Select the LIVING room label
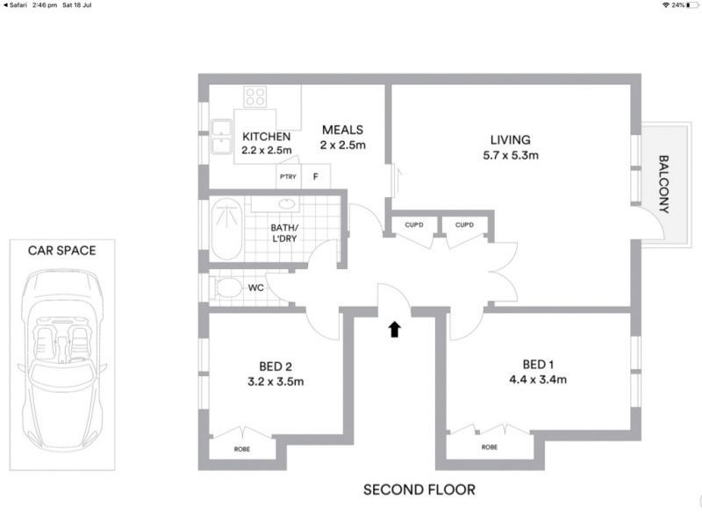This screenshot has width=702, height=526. [510, 139]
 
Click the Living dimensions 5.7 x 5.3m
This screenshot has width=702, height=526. [510, 155]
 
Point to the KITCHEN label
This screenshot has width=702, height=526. [266, 137]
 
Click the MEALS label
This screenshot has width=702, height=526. [342, 130]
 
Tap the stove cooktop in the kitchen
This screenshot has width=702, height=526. [255, 96]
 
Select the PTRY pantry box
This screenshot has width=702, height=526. [288, 177]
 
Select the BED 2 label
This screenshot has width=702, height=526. [276, 366]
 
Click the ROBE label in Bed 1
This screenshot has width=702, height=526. [490, 447]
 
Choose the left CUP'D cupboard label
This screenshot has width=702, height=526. [414, 225]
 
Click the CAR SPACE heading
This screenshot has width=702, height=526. [62, 250]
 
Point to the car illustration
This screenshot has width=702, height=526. [62, 351]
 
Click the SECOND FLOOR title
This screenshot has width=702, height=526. [419, 489]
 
